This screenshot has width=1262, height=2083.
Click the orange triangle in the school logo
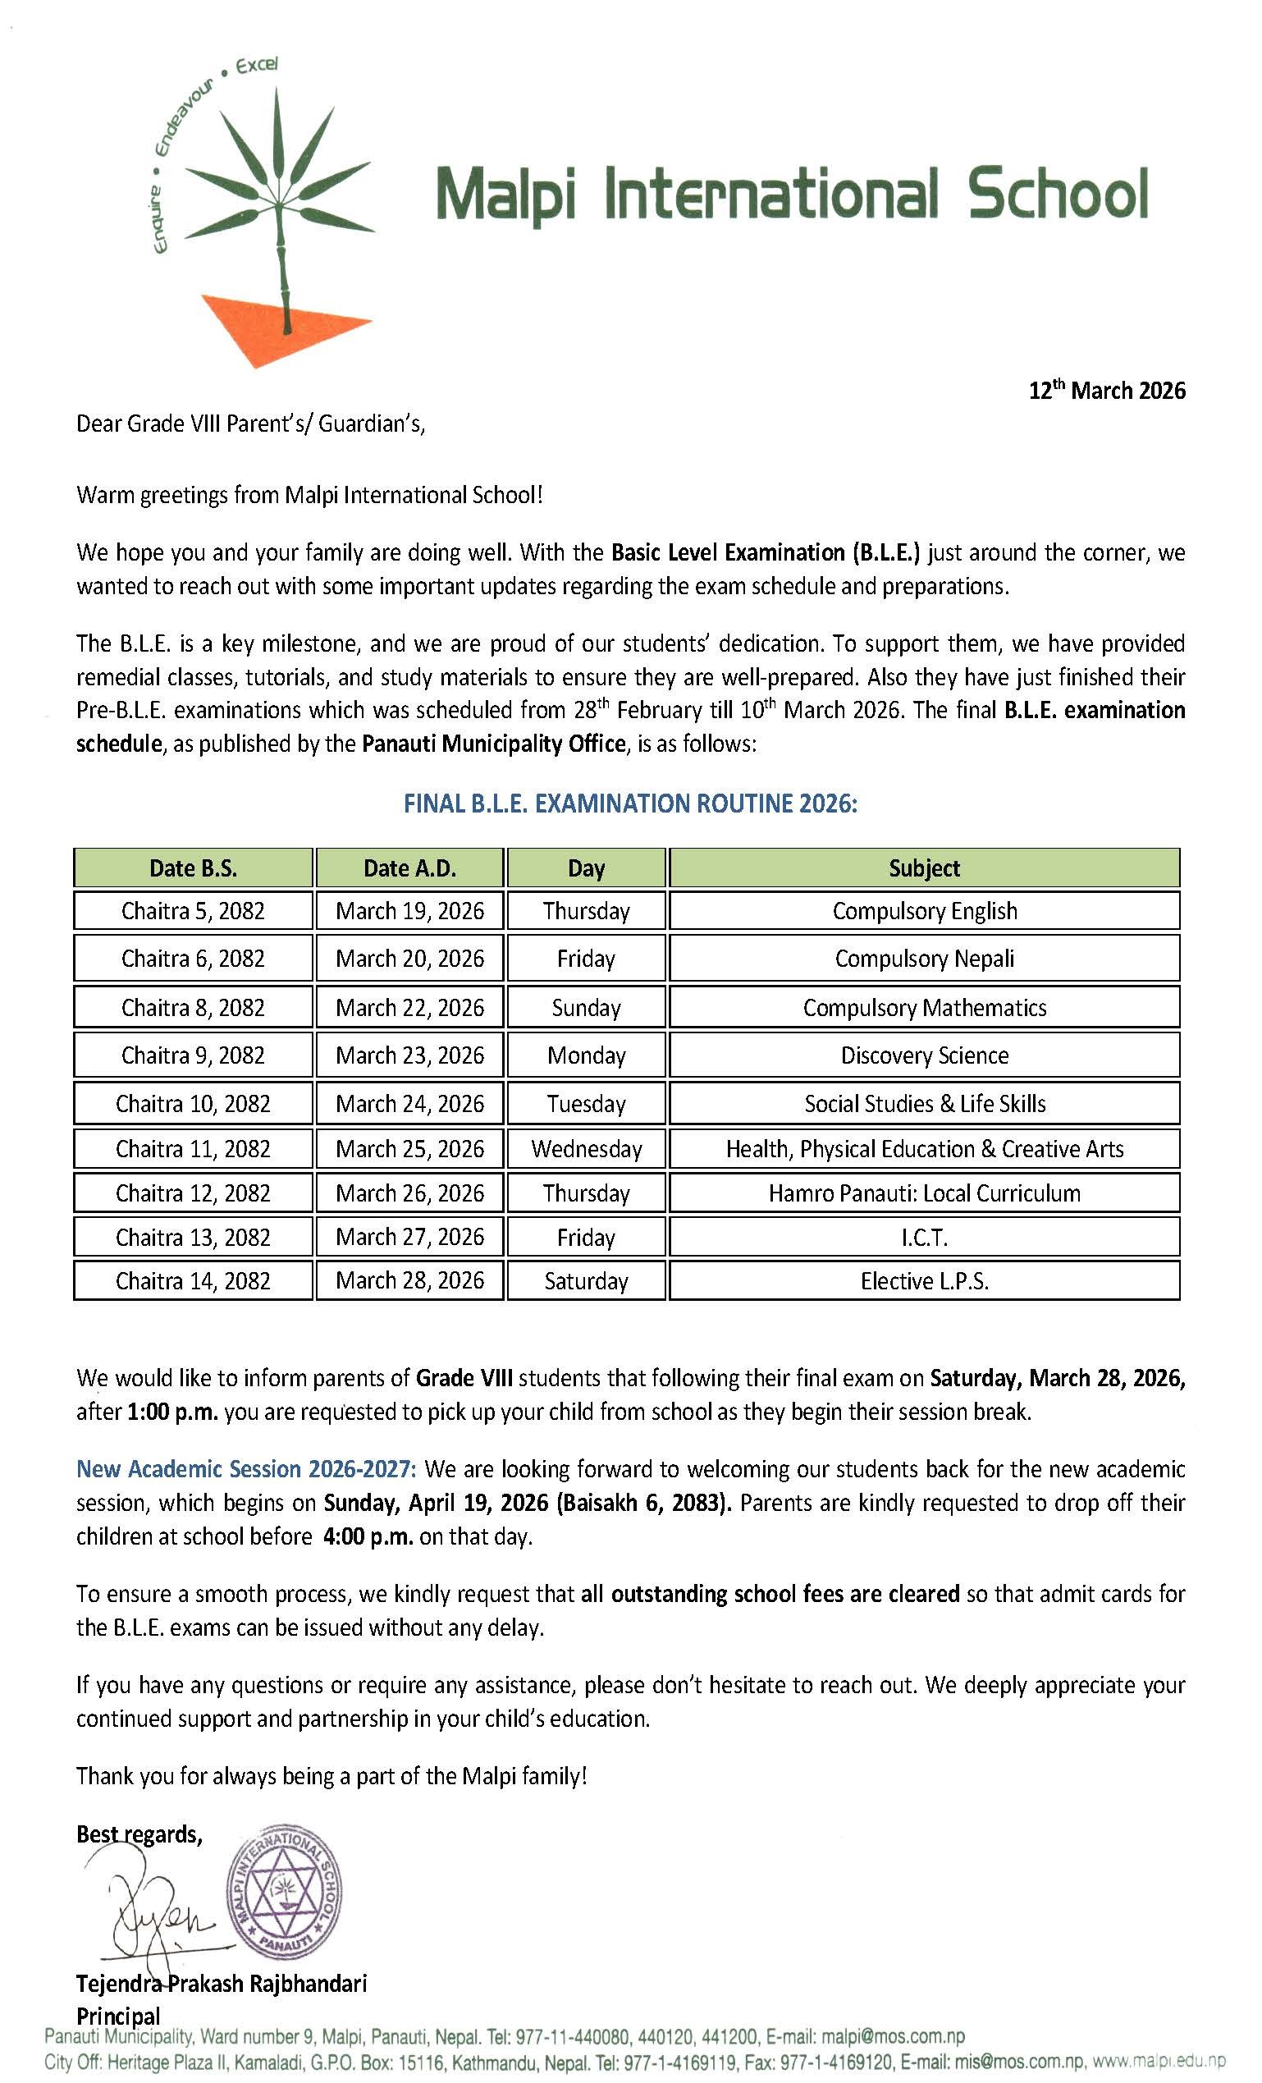(x=271, y=327)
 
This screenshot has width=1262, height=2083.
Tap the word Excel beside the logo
(x=257, y=66)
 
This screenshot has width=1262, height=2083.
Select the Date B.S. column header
(x=193, y=868)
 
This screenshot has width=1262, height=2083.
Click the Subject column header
(x=924, y=868)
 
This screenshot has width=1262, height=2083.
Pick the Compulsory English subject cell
(x=924, y=911)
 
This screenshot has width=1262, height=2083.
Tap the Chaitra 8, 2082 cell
(x=193, y=1008)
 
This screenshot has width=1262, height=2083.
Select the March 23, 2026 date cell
(x=410, y=1055)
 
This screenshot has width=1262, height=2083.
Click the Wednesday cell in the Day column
(x=586, y=1149)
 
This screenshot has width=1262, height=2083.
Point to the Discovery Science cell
(x=924, y=1055)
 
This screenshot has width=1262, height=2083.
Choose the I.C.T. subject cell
(x=924, y=1238)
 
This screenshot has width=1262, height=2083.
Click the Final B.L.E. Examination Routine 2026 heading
(x=629, y=803)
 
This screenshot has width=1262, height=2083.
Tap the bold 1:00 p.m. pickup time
(x=172, y=1412)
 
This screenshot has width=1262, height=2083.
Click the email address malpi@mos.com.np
(x=893, y=2035)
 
